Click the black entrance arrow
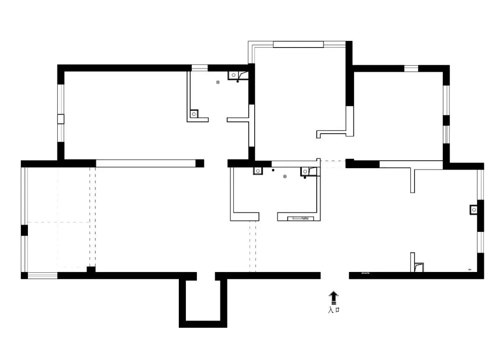[x=333, y=297]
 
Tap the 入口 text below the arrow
[x=333, y=310]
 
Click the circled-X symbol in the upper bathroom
[x=218, y=82]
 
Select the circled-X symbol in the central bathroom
[x=285, y=177]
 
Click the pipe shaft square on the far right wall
[x=474, y=210]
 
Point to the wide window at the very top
[x=298, y=44]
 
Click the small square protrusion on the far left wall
[x=60, y=118]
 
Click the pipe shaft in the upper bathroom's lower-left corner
[x=194, y=113]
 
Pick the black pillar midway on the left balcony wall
[x=24, y=230]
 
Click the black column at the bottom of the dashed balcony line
[x=91, y=269]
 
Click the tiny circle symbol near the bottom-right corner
[x=469, y=269]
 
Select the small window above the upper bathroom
[x=199, y=68]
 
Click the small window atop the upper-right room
[x=411, y=68]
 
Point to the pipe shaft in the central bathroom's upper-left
[x=258, y=171]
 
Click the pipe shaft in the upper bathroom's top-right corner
[x=233, y=75]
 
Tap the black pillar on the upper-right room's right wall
[x=446, y=120]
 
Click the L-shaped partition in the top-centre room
[x=335, y=133]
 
